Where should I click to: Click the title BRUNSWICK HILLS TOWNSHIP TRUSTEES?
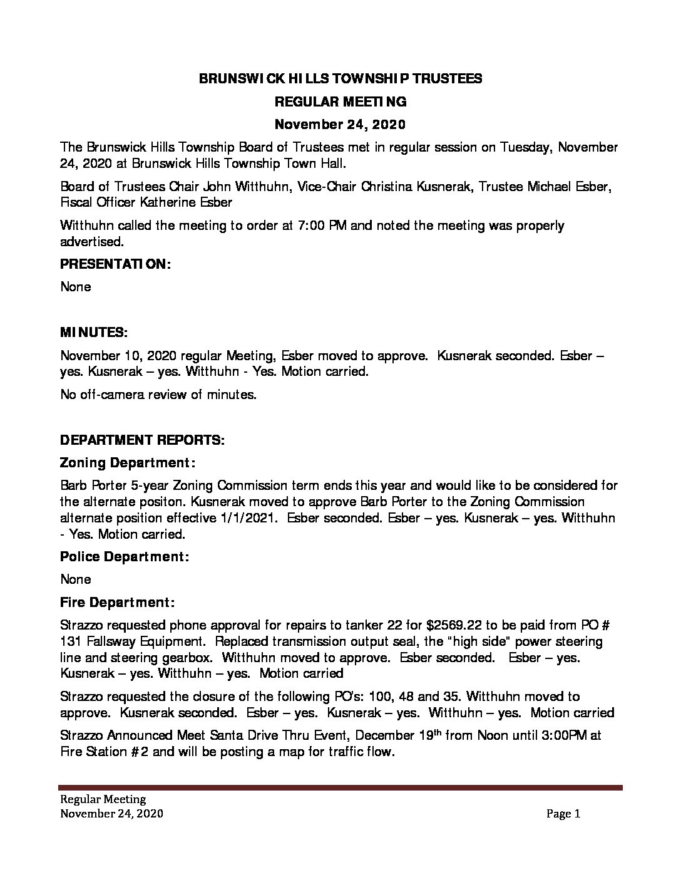[340, 78]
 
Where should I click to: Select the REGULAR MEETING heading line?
[340, 101]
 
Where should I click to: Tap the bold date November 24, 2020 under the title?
[340, 124]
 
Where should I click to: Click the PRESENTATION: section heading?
[115, 264]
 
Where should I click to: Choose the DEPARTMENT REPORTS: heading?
[142, 440]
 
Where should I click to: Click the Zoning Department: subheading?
[128, 463]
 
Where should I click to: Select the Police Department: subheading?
[125, 556]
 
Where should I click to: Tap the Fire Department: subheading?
[117, 602]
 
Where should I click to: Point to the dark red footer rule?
[340, 787]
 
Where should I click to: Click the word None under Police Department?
[76, 579]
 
